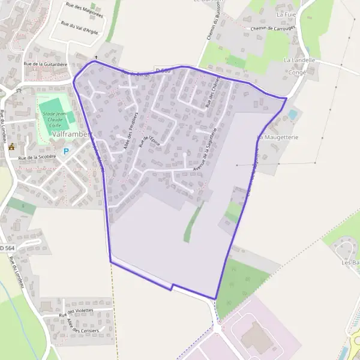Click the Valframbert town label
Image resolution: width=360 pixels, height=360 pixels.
point(70,134)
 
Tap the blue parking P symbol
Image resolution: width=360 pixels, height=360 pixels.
point(67,151)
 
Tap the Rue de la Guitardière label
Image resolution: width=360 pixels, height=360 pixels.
point(45,63)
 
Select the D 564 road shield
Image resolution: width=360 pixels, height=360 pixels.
point(5,248)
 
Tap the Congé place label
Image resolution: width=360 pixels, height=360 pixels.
point(297,73)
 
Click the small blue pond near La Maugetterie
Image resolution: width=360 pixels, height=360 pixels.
point(292,113)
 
